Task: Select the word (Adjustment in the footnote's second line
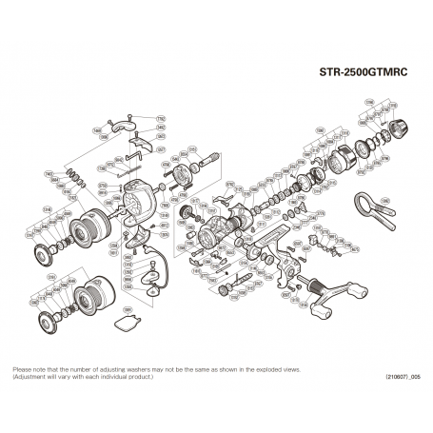click(30, 376)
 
